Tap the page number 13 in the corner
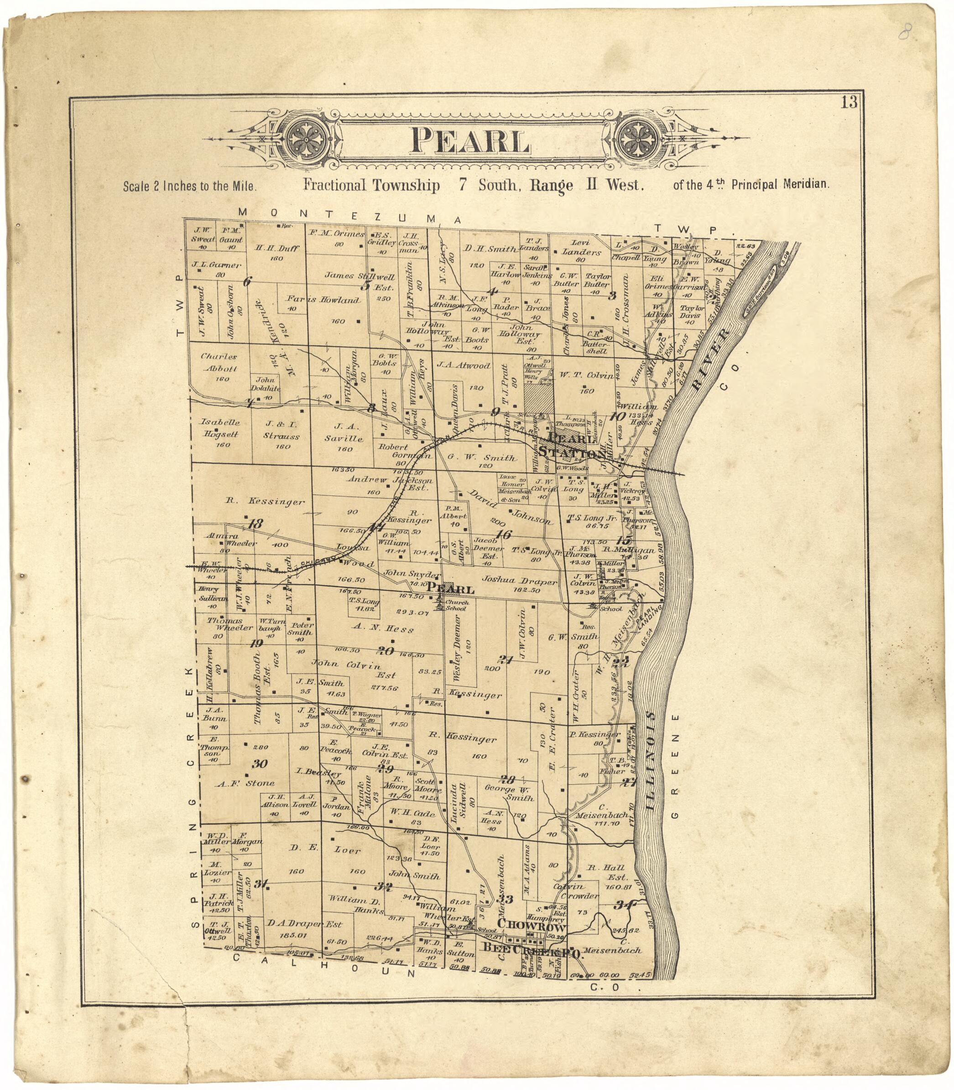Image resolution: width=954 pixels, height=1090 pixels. pyautogui.click(x=849, y=102)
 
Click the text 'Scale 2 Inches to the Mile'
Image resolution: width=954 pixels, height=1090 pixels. pyautogui.click(x=190, y=187)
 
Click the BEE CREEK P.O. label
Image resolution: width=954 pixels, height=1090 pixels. pyautogui.click(x=532, y=949)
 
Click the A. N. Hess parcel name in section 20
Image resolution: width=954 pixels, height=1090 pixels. pyautogui.click(x=382, y=629)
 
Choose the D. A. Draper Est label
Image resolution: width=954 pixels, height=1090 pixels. pyautogui.click(x=304, y=924)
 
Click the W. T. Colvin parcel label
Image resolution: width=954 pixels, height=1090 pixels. pyautogui.click(x=585, y=375)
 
